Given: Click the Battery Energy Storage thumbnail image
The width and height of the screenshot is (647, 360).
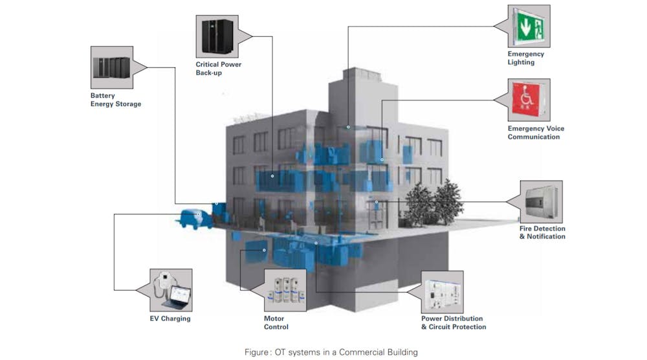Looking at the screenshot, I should (x=111, y=67).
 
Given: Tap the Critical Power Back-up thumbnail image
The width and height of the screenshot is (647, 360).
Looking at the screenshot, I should (x=217, y=37).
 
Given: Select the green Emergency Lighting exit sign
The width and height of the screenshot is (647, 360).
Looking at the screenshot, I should (x=529, y=26).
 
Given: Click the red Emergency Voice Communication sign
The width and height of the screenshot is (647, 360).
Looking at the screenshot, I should (x=529, y=100).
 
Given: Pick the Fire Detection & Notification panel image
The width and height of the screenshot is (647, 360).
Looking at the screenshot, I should (x=541, y=201).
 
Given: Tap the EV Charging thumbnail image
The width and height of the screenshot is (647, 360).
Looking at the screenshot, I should (x=170, y=290).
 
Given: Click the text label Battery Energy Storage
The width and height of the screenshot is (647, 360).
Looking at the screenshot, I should (x=115, y=100).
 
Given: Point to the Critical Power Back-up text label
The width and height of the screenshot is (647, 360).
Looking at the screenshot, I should (x=218, y=69).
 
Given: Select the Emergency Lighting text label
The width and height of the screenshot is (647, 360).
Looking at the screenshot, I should (x=525, y=58).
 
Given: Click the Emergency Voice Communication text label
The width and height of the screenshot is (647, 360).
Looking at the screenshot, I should (x=535, y=133).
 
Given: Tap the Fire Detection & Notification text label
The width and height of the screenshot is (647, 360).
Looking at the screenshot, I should (x=542, y=232).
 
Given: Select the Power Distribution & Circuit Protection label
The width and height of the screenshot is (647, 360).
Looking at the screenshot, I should (x=453, y=322).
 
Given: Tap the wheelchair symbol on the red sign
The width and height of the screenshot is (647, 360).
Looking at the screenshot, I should (x=529, y=98).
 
